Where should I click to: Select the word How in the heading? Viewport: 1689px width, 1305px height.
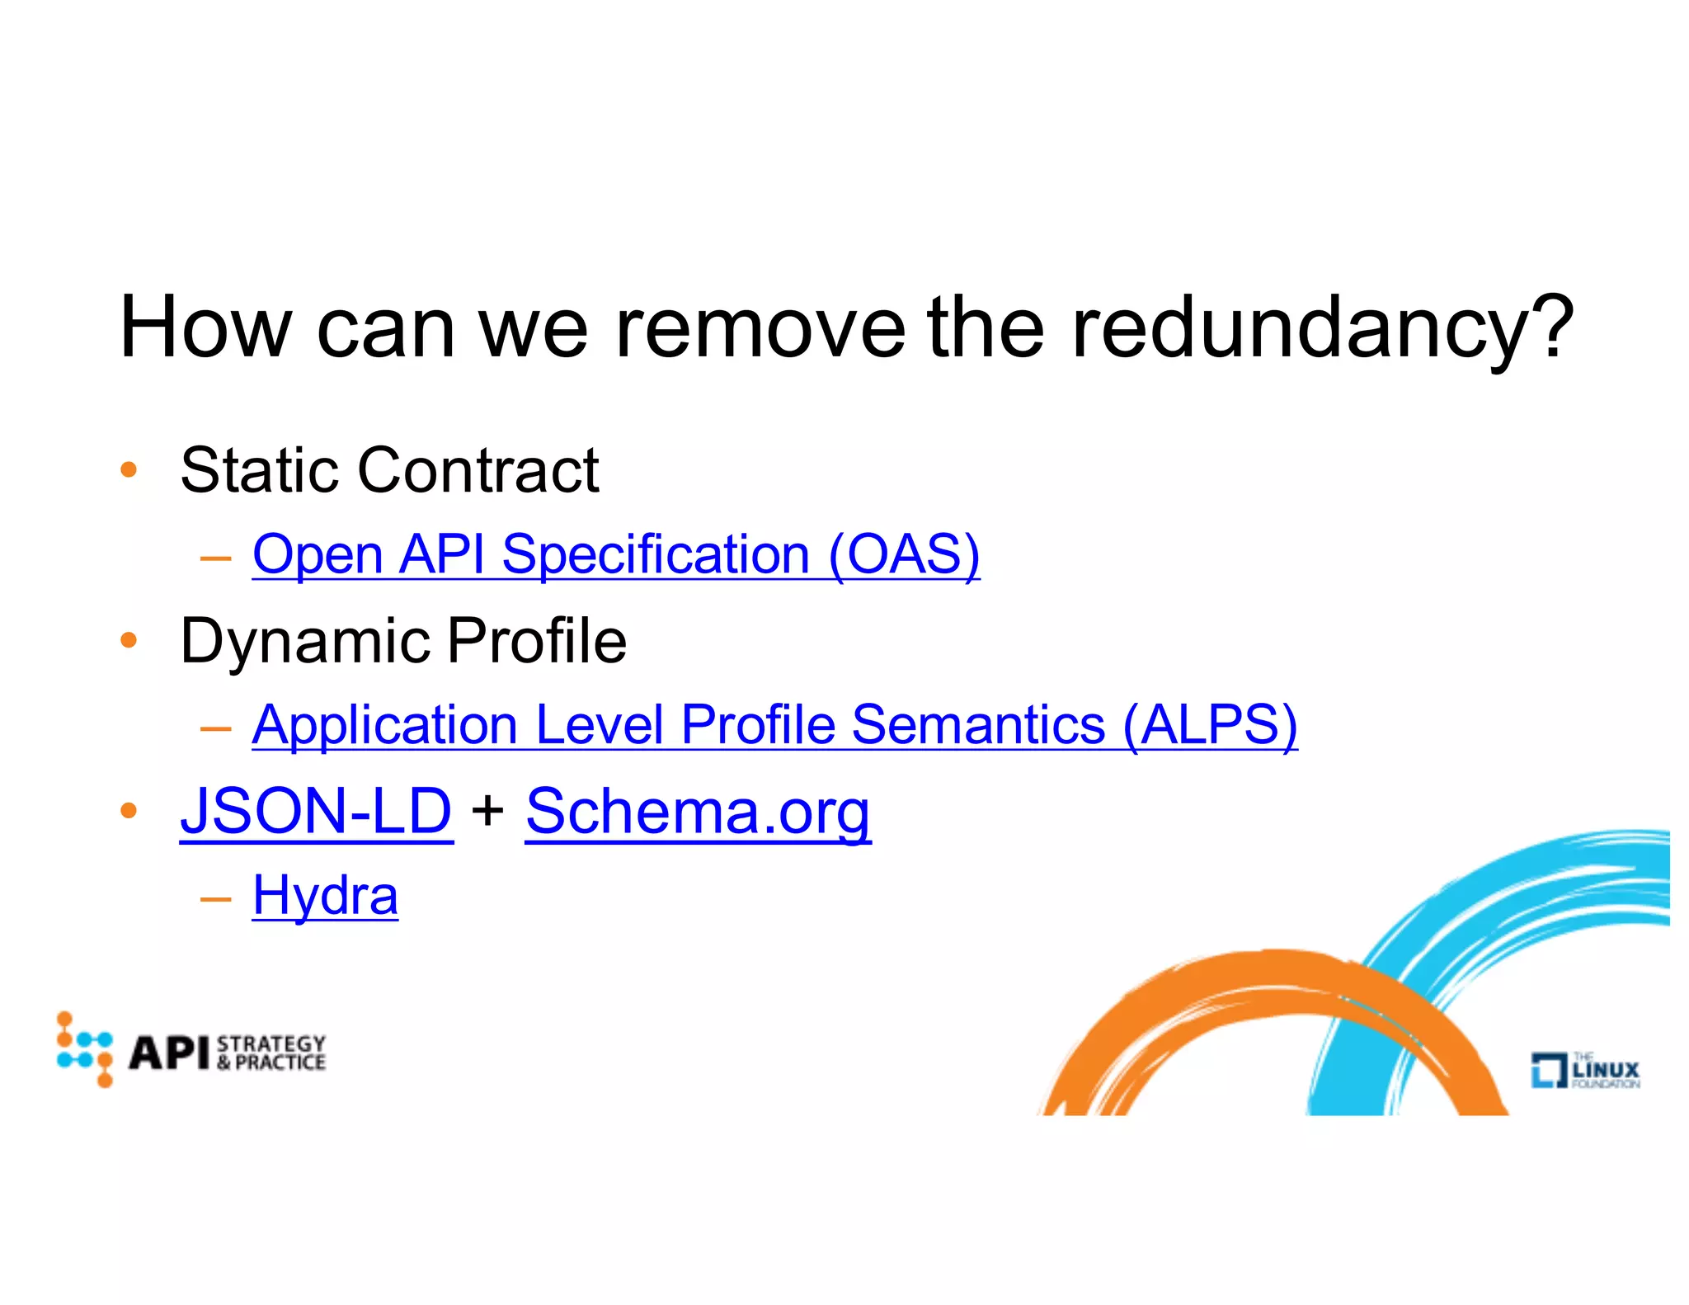(x=205, y=328)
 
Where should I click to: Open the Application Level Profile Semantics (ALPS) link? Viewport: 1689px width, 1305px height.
(x=774, y=725)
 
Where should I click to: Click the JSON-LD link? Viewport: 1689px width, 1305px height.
(x=316, y=812)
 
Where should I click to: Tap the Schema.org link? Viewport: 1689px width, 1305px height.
(x=698, y=812)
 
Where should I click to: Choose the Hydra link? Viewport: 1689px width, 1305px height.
(x=325, y=896)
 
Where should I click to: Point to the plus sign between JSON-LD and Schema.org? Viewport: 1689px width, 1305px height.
(x=488, y=810)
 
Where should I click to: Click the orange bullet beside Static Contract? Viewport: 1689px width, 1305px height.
(x=128, y=470)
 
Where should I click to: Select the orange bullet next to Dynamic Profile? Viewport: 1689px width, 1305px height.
(x=128, y=640)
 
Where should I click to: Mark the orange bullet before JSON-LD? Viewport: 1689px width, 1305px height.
(x=128, y=811)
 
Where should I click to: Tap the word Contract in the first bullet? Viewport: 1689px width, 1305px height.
(x=478, y=470)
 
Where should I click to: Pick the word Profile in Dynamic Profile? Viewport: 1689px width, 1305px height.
(x=537, y=641)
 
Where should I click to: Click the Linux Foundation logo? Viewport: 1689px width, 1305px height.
(x=1584, y=1070)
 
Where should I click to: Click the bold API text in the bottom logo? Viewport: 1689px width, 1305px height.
(x=169, y=1053)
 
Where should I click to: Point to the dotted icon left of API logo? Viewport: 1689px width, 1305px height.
(x=84, y=1049)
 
